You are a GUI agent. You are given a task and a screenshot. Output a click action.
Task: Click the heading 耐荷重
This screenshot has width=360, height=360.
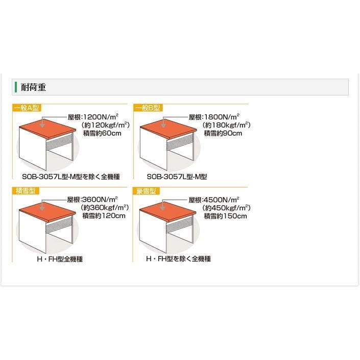[x=34, y=87]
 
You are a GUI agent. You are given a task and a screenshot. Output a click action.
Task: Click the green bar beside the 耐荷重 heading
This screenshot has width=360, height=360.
[x=16, y=87]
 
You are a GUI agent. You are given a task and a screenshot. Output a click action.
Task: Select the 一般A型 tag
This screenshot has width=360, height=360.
[x=27, y=108]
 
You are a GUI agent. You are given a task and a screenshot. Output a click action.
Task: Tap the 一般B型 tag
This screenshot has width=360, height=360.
[x=148, y=108]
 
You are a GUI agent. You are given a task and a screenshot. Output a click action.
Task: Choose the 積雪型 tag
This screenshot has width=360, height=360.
[x=26, y=190]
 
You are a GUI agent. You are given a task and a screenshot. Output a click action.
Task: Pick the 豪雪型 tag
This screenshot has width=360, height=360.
[x=146, y=191]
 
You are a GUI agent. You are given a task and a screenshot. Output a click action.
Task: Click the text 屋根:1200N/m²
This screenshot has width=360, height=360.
[x=93, y=117]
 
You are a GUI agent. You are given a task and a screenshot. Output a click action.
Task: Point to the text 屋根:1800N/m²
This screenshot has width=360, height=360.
[x=214, y=117]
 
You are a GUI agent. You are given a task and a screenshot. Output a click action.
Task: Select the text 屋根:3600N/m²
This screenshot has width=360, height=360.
[x=92, y=199]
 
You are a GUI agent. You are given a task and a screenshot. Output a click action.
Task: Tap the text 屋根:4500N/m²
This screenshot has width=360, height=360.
[x=214, y=200]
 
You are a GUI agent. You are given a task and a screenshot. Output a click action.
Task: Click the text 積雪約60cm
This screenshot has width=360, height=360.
[x=102, y=133]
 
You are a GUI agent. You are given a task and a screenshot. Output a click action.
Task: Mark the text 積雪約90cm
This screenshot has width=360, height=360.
[x=223, y=133]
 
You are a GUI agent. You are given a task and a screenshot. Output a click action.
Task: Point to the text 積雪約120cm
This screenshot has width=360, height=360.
[x=104, y=216]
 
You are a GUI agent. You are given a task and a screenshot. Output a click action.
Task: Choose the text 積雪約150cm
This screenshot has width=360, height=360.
[x=226, y=216]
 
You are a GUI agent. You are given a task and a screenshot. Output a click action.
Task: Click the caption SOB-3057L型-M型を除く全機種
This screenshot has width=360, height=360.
[x=71, y=177]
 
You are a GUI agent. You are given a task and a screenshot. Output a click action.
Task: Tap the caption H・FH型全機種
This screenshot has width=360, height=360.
[x=60, y=259]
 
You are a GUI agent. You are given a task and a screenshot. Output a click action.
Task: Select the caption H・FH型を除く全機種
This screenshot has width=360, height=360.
[x=178, y=259]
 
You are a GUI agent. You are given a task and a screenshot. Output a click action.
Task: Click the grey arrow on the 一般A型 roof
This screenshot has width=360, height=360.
[x=42, y=122]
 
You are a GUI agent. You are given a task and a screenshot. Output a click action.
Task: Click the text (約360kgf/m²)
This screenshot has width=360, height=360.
[x=105, y=207]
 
